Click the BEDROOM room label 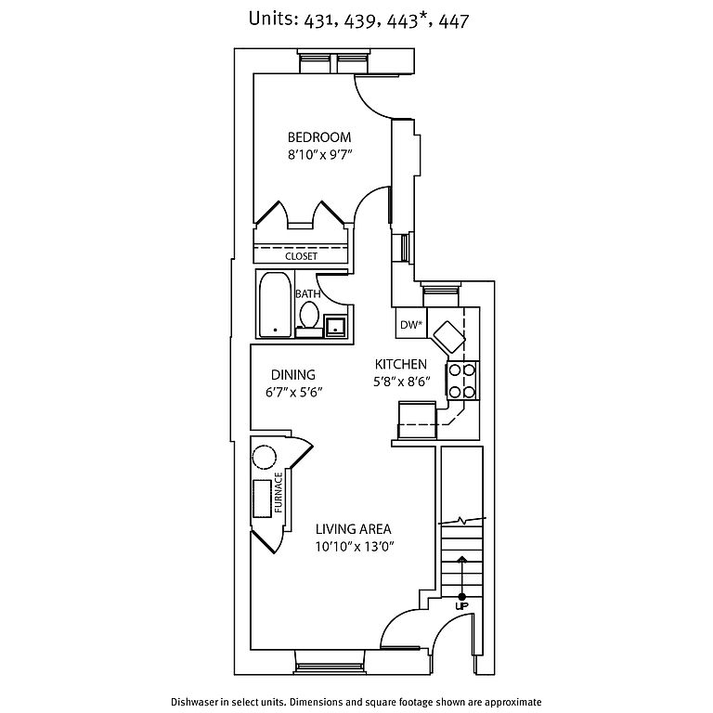[318, 137]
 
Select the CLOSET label [301, 255]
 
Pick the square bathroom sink [334, 325]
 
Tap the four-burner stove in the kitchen [461, 379]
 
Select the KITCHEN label [400, 364]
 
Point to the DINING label [293, 374]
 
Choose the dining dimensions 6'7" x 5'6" [293, 392]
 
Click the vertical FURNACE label [277, 493]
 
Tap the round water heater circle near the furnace [263, 457]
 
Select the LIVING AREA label [353, 528]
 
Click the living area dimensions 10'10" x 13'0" [355, 547]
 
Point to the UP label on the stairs [460, 606]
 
